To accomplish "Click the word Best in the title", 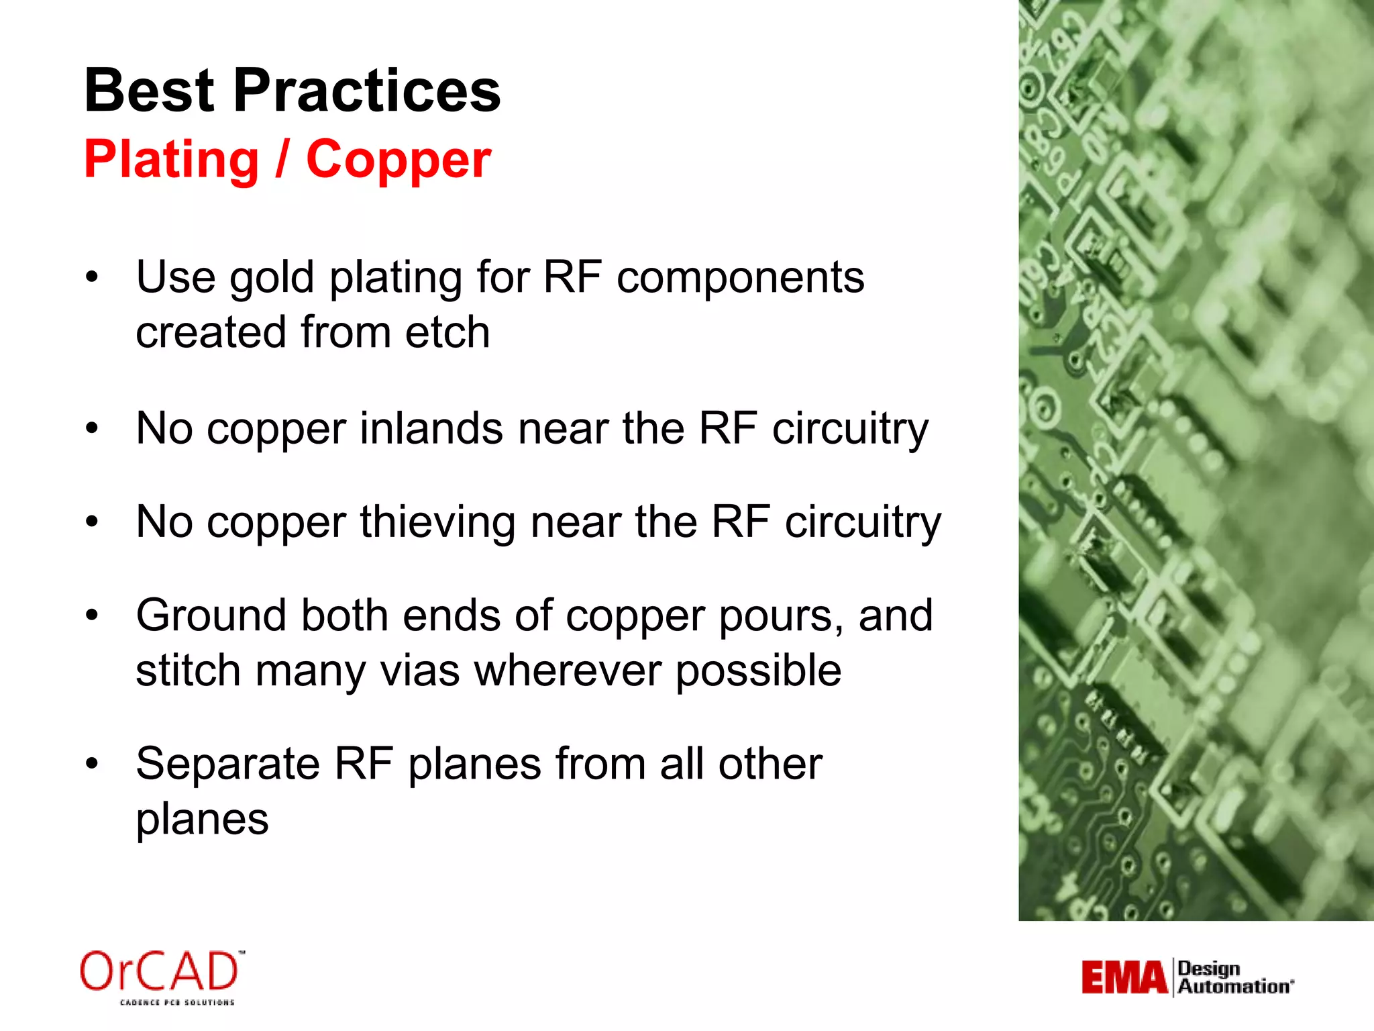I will [x=149, y=91].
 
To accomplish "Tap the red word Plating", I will [x=172, y=160].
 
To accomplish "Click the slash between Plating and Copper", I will [x=282, y=160].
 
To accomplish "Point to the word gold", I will [x=272, y=278].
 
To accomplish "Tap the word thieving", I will [x=437, y=522].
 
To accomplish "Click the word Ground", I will [x=211, y=616].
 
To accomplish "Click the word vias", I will [x=419, y=671].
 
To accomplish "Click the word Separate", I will [x=227, y=764].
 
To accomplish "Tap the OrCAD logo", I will [x=160, y=972].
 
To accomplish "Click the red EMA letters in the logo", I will [x=1124, y=978].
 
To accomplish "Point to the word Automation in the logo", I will [x=1234, y=987].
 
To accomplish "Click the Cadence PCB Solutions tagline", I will [x=177, y=1003].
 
